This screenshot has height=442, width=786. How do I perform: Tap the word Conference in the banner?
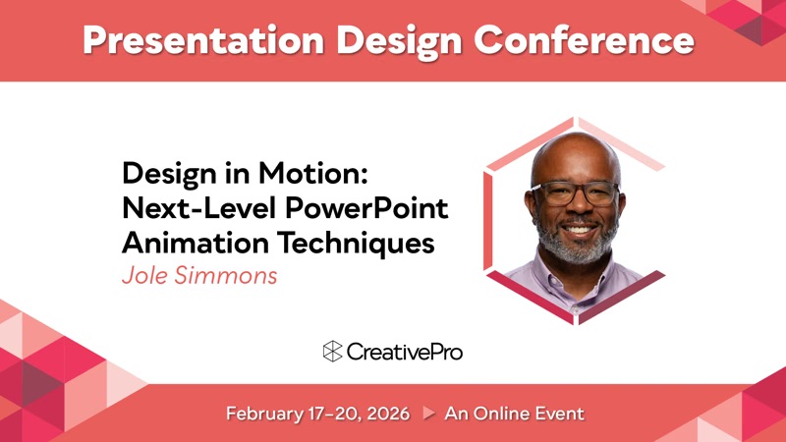(x=584, y=39)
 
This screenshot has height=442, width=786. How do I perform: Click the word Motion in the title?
(x=313, y=174)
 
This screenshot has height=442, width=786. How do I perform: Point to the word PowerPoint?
(x=366, y=208)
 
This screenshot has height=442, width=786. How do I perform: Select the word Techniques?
(x=356, y=244)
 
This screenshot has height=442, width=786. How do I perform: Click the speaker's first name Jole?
(x=144, y=275)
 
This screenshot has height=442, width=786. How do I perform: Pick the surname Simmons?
(x=226, y=276)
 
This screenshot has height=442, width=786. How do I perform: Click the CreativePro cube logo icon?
(x=332, y=352)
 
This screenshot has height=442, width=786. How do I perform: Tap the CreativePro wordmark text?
(x=404, y=352)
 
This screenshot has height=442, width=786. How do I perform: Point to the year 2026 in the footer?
(x=388, y=414)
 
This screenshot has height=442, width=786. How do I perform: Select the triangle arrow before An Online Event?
(x=428, y=413)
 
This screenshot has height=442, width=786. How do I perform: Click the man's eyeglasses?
(x=576, y=193)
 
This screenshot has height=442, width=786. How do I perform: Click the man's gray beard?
(x=577, y=243)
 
